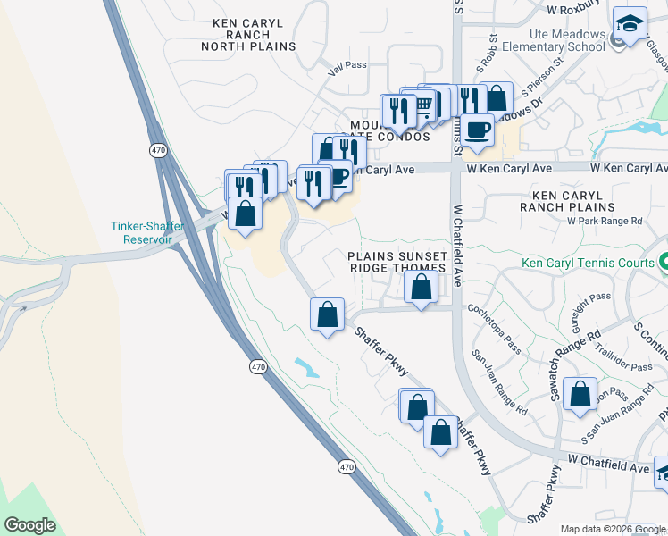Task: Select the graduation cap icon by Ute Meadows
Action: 630,25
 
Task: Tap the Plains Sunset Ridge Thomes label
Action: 397,262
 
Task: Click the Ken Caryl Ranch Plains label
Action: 581,200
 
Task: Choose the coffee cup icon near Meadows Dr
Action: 477,130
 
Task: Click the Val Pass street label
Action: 348,65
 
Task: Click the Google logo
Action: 29,525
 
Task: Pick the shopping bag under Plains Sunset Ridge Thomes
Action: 422,288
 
